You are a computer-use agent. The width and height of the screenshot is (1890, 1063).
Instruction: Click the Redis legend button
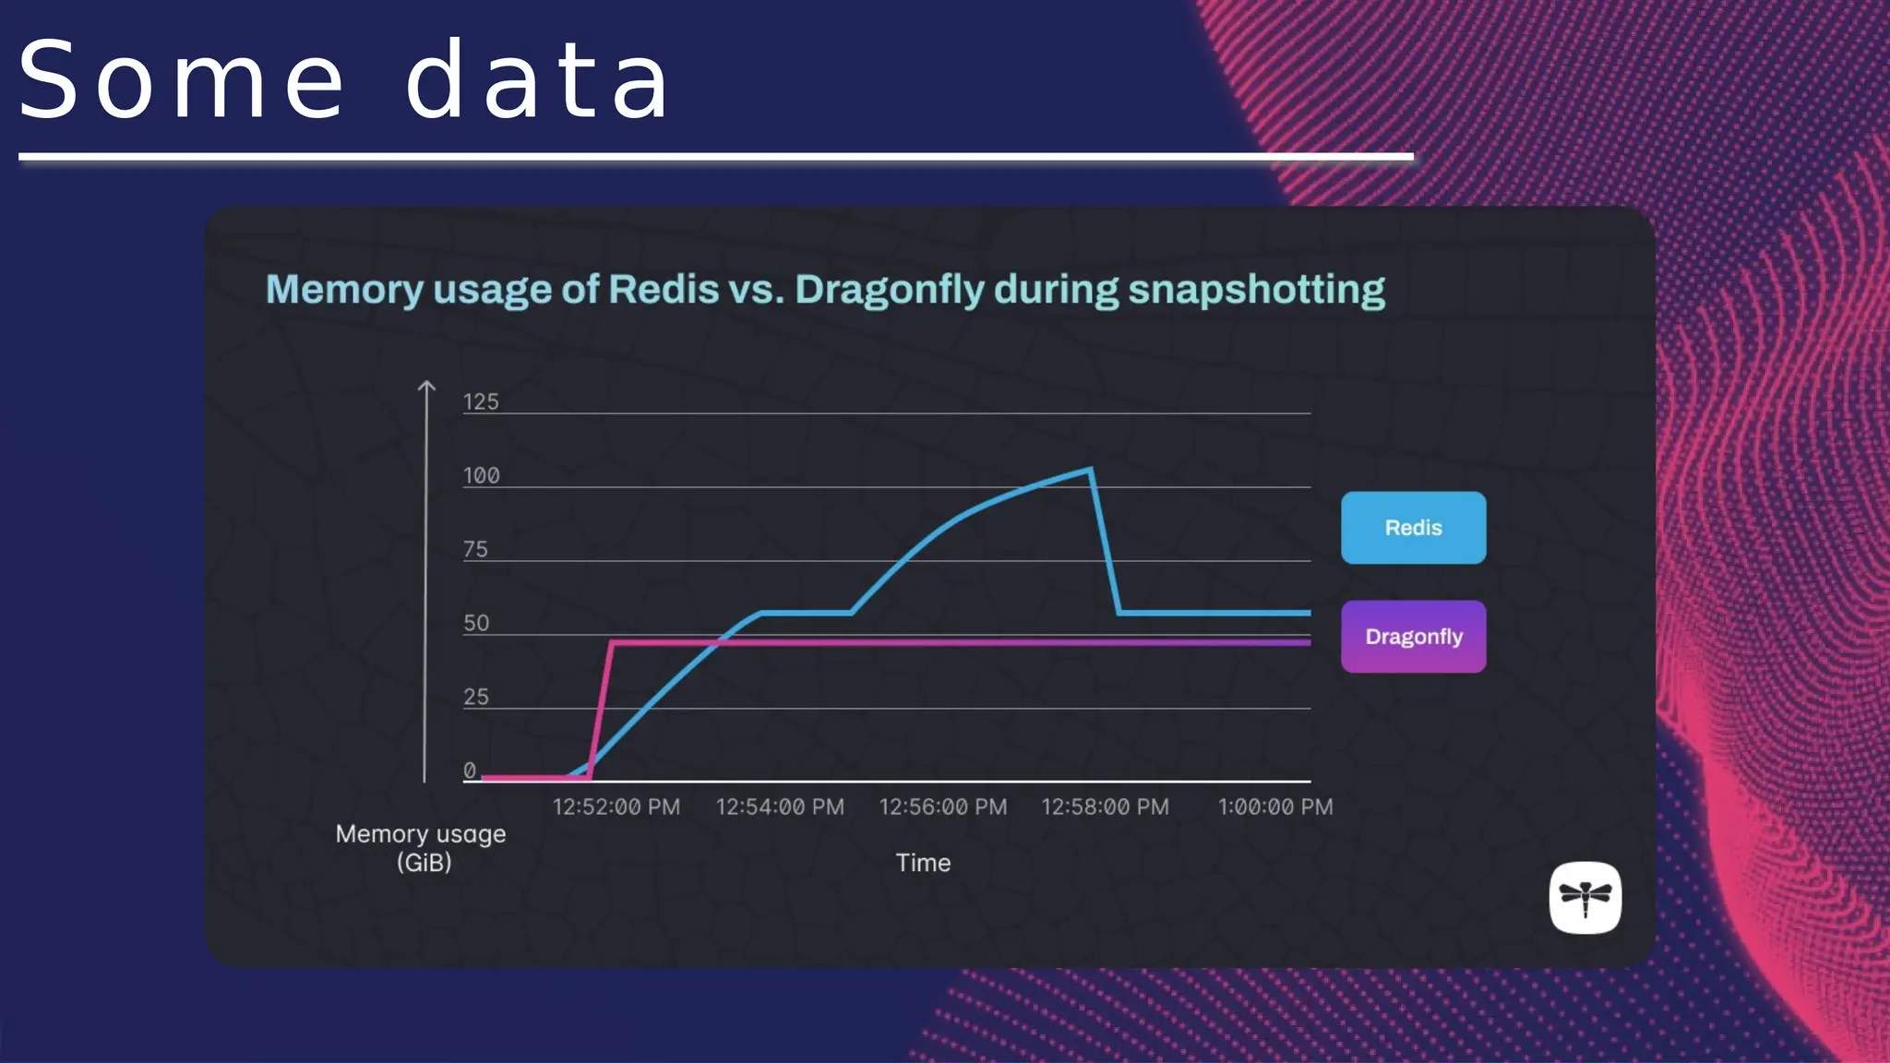click(1413, 528)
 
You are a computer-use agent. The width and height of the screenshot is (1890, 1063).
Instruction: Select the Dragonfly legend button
click(1413, 637)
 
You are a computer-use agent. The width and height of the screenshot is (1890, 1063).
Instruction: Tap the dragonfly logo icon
click(1585, 898)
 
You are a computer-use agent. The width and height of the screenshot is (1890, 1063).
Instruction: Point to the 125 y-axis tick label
click(481, 402)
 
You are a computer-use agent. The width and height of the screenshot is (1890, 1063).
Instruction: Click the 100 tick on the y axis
click(481, 476)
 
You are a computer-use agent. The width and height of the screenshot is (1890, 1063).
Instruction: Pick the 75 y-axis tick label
click(475, 550)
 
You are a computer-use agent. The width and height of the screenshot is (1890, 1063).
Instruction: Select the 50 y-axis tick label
click(476, 624)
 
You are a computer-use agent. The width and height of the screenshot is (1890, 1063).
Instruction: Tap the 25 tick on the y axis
click(475, 698)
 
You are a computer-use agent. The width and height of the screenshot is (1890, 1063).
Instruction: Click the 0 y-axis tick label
click(470, 770)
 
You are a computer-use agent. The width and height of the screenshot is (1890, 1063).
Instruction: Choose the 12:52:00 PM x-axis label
click(616, 807)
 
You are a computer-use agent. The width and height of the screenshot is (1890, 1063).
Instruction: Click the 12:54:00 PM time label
click(780, 807)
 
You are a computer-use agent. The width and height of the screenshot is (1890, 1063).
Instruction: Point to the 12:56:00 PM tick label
click(942, 807)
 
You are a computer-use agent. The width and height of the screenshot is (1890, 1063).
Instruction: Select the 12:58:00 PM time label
click(1105, 807)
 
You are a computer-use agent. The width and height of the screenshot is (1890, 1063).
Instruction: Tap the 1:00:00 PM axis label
click(1275, 807)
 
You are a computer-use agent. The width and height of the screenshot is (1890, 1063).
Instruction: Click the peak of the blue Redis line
click(1092, 470)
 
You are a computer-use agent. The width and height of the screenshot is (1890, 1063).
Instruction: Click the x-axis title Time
click(923, 863)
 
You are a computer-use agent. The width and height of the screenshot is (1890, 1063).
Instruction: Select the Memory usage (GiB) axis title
click(421, 848)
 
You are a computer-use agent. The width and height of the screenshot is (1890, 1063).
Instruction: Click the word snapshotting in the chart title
click(1256, 290)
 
